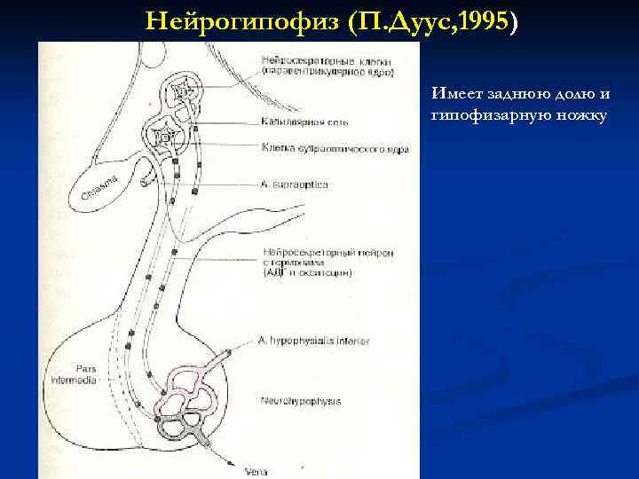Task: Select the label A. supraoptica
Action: click(x=295, y=185)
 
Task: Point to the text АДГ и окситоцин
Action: click(x=307, y=273)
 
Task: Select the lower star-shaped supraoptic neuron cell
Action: click(x=166, y=138)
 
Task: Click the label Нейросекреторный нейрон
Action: click(x=316, y=252)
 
